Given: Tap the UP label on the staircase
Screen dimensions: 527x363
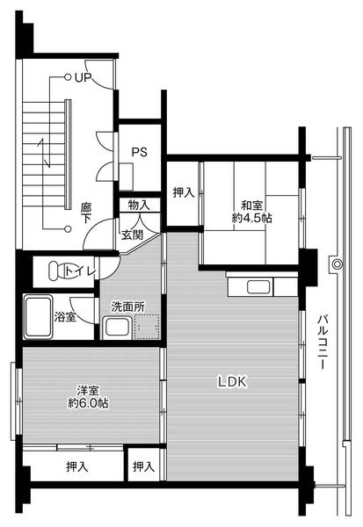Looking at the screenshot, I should pos(83,78).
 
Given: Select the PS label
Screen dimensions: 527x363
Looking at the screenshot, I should pos(139,151).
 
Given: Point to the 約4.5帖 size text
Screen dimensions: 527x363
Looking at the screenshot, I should pos(252,216).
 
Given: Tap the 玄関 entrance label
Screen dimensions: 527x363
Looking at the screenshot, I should pos(133,235).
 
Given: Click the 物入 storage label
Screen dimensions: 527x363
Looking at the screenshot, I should pos(139,205).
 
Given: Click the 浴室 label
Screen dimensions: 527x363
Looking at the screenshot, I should pos(65,316).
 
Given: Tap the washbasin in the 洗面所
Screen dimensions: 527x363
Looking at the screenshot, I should pos(117,328).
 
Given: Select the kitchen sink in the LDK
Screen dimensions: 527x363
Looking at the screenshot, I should pos(258,286).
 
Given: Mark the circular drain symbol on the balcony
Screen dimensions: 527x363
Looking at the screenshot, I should pos(336,264).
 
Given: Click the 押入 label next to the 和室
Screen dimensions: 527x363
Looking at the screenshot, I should pos(184,192).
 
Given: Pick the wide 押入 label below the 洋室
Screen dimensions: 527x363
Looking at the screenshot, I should pos(76,466).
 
